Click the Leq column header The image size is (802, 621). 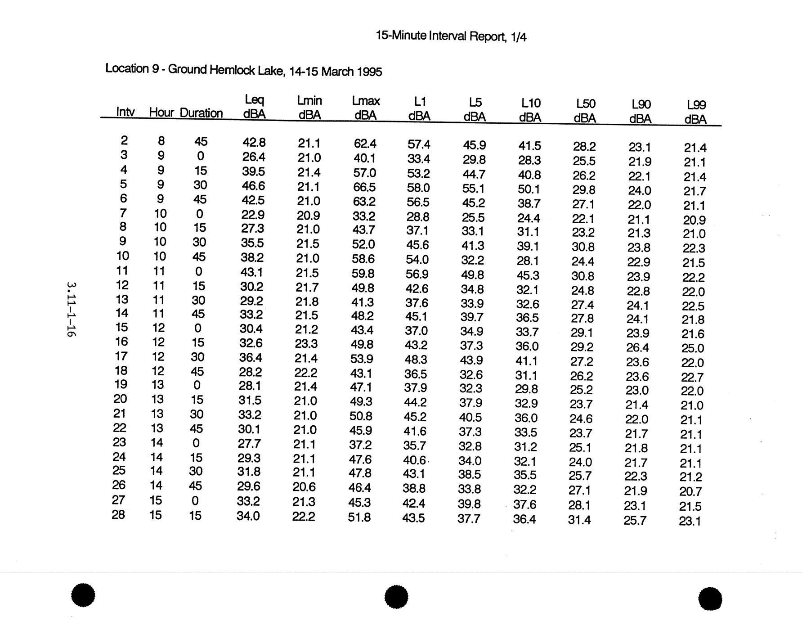tap(254, 106)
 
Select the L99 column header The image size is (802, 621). tap(696, 112)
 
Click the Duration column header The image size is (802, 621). tap(201, 113)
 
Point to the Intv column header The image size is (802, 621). tap(125, 112)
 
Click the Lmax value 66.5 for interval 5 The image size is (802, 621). tap(364, 187)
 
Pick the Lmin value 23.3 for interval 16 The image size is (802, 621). tap(306, 344)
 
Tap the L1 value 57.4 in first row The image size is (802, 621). tap(419, 144)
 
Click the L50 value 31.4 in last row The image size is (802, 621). tap(579, 520)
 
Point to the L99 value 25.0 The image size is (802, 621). tap(693, 348)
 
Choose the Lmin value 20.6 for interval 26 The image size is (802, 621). tap(305, 487)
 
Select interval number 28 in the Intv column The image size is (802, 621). tap(118, 514)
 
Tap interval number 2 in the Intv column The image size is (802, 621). tap(124, 140)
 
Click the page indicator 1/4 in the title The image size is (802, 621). tap(518, 37)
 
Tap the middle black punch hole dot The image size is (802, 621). tap(396, 597)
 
